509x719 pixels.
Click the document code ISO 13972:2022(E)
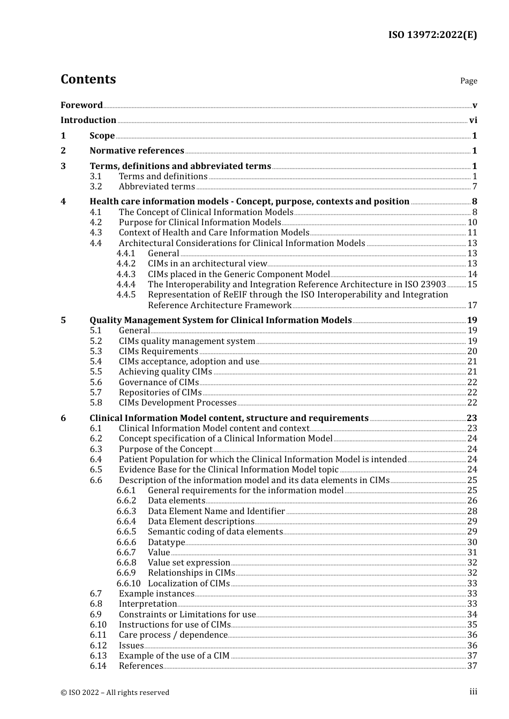[x=432, y=35]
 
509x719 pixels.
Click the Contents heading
[x=88, y=79]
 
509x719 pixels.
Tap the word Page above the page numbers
[x=468, y=81]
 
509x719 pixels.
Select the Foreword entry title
[x=81, y=105]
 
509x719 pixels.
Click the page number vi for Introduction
[x=473, y=120]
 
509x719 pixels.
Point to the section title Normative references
[x=137, y=151]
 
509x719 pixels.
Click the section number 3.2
[x=96, y=187]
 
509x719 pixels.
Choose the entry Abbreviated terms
[x=156, y=187]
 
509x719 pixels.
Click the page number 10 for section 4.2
[x=472, y=223]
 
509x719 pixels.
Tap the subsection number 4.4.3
[x=126, y=274]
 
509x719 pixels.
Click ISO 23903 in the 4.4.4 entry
[x=425, y=285]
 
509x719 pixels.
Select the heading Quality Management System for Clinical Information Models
[x=220, y=320]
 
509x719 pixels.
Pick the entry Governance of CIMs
[x=159, y=383]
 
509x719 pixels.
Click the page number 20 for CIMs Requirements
[x=472, y=351]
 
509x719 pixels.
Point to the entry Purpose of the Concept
[x=166, y=449]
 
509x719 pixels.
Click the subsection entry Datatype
[x=166, y=542]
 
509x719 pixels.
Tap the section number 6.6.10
[x=129, y=584]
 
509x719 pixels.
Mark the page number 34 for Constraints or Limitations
[x=472, y=615]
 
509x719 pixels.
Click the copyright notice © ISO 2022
[x=115, y=693]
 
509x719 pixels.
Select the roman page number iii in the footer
[x=473, y=692]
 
